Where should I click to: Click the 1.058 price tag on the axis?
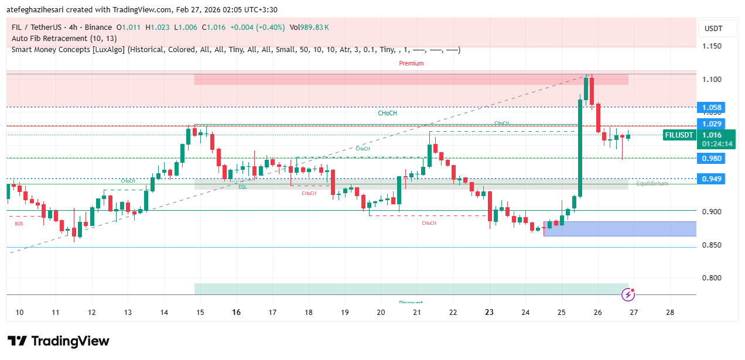[x=712, y=108]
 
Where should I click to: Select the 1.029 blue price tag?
[x=712, y=124]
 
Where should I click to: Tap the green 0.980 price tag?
[x=712, y=158]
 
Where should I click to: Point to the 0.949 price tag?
[x=712, y=179]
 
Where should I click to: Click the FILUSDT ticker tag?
[x=679, y=135]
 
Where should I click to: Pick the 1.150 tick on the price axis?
[x=712, y=46]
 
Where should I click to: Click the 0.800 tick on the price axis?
[x=712, y=278]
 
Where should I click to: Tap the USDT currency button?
[x=713, y=29]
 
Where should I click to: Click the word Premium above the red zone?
[x=411, y=63]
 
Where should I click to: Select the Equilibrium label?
[x=652, y=183]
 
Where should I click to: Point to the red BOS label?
[x=19, y=224]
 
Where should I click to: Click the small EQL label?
[x=242, y=187]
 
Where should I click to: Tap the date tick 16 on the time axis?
[x=237, y=313]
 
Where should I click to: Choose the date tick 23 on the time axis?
[x=490, y=313]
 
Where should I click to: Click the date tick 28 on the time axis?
[x=670, y=313]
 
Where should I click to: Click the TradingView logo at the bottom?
[x=58, y=341]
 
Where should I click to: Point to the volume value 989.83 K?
[x=317, y=28]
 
